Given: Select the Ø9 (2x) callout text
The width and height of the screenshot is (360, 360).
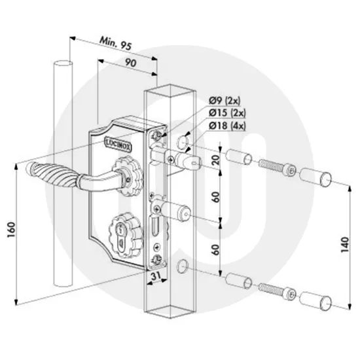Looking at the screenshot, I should [225, 99].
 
